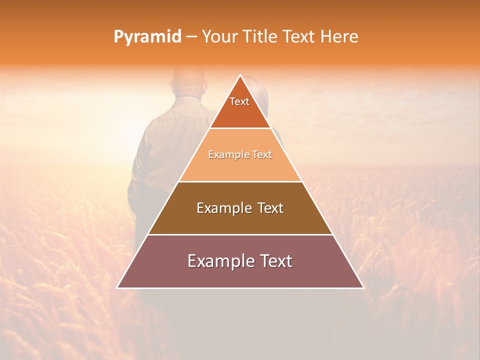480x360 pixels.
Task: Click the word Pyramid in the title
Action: (x=147, y=37)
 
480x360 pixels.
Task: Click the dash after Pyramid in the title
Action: (x=191, y=37)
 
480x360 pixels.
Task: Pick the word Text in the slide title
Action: (x=299, y=37)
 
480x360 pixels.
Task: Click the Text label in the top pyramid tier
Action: (x=239, y=101)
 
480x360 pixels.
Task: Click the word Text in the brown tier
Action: (x=270, y=208)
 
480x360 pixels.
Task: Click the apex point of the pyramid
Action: (x=240, y=75)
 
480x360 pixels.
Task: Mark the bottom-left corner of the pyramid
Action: (x=117, y=287)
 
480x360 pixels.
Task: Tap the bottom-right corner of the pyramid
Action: (x=363, y=287)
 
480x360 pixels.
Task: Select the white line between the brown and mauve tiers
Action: (x=240, y=234)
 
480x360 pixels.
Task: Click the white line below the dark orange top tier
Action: (x=240, y=128)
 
